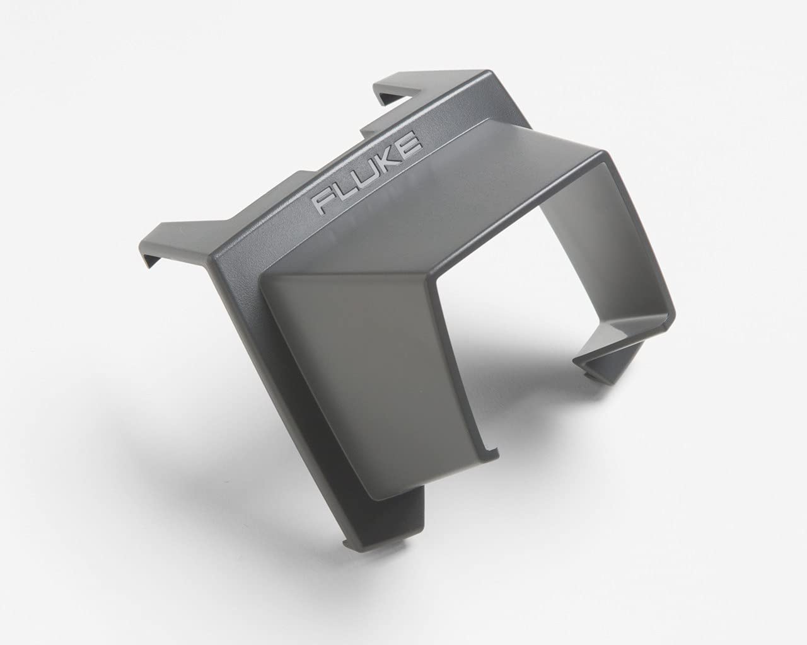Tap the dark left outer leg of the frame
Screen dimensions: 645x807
click(227, 353)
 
